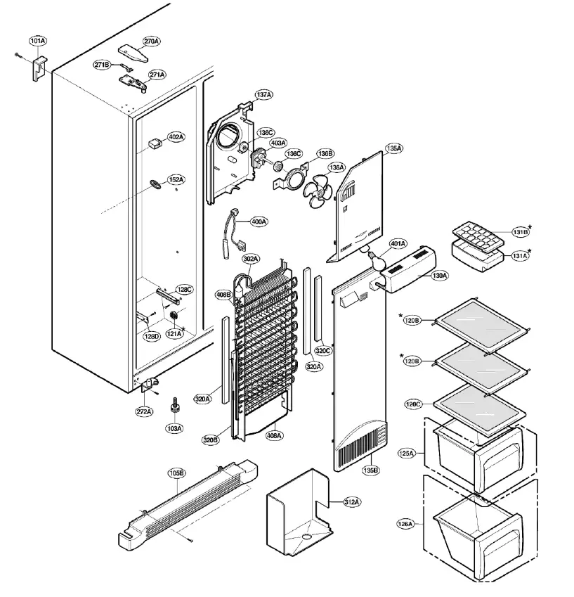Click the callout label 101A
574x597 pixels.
pyautogui.click(x=38, y=41)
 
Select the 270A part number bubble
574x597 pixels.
pyautogui.click(x=150, y=41)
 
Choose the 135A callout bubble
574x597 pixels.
pyautogui.click(x=393, y=148)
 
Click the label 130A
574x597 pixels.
pyautogui.click(x=439, y=276)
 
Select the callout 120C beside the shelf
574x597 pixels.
pyautogui.click(x=413, y=404)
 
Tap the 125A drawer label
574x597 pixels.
pyautogui.click(x=407, y=454)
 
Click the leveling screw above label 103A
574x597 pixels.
pyautogui.click(x=174, y=407)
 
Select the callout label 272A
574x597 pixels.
pyautogui.click(x=145, y=411)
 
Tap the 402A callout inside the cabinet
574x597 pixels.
pyautogui.click(x=176, y=136)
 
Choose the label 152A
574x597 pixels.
pyautogui.click(x=176, y=179)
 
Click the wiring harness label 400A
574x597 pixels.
pyautogui.click(x=259, y=222)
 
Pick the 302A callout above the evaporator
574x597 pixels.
pyautogui.click(x=251, y=259)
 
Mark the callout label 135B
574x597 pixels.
pyautogui.click(x=370, y=469)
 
